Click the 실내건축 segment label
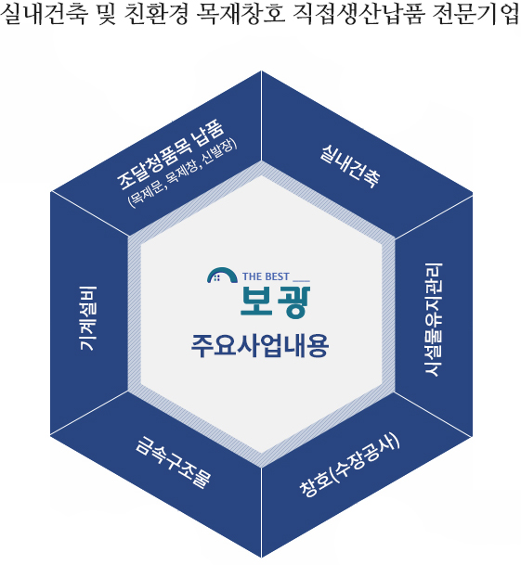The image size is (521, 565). [349, 166]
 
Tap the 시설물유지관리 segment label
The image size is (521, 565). [433, 320]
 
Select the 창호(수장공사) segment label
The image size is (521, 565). [349, 465]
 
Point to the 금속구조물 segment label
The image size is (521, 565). [174, 462]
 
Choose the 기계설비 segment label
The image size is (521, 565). [87, 318]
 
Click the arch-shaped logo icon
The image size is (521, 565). [222, 276]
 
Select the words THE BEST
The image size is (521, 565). [266, 276]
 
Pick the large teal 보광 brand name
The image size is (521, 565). [275, 302]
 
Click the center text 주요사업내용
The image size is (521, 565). [260, 346]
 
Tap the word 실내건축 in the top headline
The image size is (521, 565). [45, 14]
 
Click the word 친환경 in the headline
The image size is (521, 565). [156, 14]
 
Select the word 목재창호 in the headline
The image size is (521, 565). [241, 14]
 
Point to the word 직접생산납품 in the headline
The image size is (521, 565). [358, 14]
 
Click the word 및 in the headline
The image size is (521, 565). [106, 14]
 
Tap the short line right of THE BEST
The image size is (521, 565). [301, 280]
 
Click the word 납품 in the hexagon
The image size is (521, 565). [209, 133]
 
